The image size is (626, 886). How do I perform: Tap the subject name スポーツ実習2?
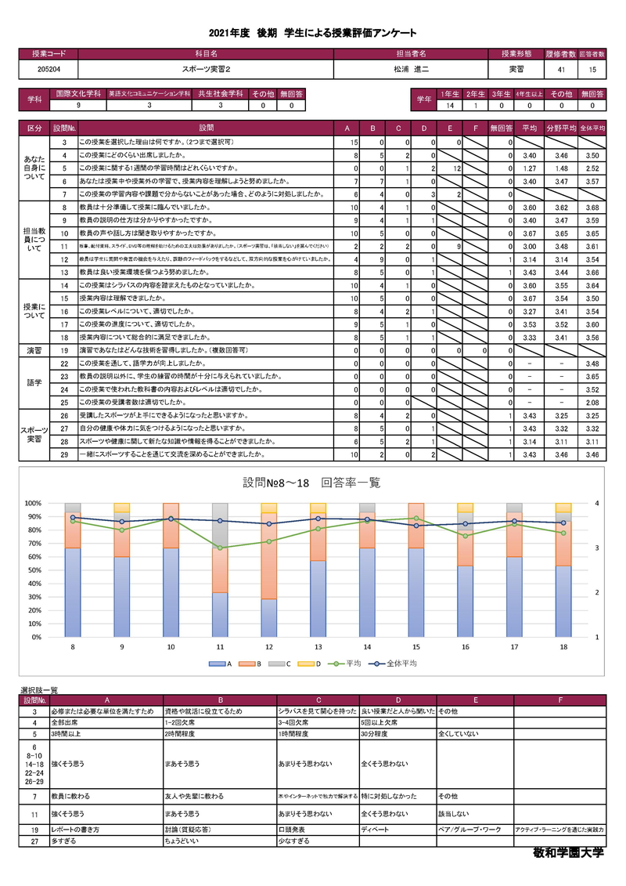pos(206,70)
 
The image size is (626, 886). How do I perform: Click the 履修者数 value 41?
pos(561,70)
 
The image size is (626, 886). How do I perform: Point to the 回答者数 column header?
pos(592,54)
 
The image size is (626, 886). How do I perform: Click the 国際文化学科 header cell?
pos(77,94)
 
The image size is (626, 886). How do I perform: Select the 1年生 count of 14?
pos(450,105)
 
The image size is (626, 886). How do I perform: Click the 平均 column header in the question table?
pos(528,127)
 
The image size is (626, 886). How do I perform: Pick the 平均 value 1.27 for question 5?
pos(528,168)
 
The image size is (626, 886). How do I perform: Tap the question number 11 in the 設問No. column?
pos(64,246)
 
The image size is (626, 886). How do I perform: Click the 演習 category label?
pos(34,350)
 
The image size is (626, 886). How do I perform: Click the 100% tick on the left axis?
pos(32,503)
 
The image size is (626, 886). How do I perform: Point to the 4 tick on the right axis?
pos(597,503)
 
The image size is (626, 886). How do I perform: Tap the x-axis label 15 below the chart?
pos(416,648)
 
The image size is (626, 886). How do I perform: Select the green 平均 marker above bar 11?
pos(221,548)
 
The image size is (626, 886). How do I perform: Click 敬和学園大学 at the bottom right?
pos(568,853)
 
